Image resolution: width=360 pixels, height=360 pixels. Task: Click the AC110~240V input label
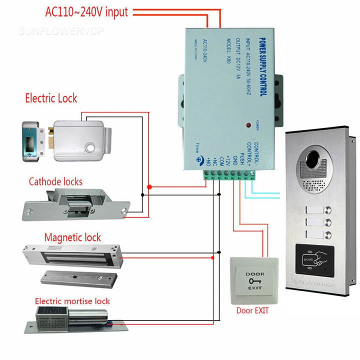tap(86, 11)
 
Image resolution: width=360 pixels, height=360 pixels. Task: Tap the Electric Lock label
tap(51, 97)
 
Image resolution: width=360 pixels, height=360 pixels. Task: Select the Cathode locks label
tap(55, 181)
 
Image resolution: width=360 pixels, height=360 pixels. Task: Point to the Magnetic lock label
tap(72, 237)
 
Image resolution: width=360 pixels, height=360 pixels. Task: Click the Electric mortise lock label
tap(72, 301)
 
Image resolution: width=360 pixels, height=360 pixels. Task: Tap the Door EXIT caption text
tap(252, 310)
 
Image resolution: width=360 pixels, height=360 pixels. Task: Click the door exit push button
tap(253, 281)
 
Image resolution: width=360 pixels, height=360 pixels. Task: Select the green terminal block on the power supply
tap(229, 173)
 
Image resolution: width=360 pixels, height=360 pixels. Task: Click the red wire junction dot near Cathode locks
tap(149, 187)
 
